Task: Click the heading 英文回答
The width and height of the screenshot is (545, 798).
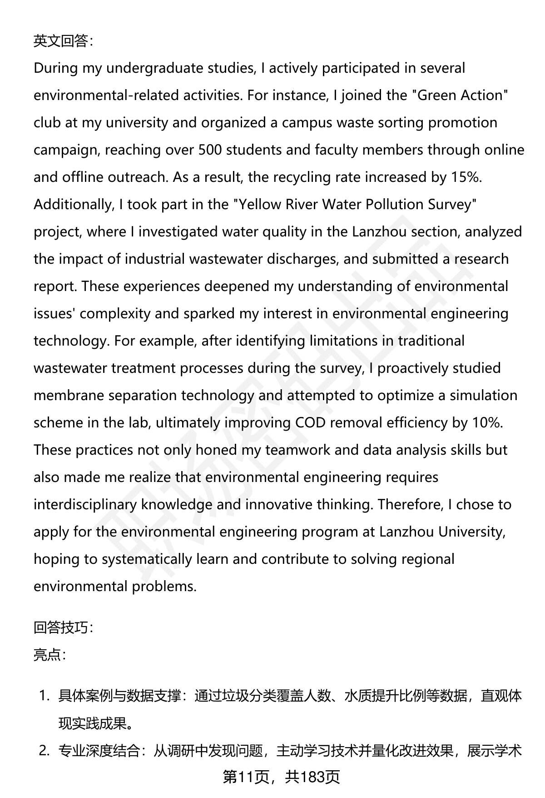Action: pos(63,41)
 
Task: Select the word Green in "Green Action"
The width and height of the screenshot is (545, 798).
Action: pos(437,95)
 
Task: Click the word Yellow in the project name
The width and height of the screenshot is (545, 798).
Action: pos(260,205)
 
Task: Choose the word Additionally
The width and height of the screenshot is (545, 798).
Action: pos(73,205)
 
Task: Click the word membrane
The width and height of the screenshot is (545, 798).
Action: pos(69,396)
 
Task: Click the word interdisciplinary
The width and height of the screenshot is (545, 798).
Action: pos(85,505)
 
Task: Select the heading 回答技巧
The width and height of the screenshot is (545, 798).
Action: pos(63,628)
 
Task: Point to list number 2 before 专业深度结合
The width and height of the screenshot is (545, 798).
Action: pos(44,751)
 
